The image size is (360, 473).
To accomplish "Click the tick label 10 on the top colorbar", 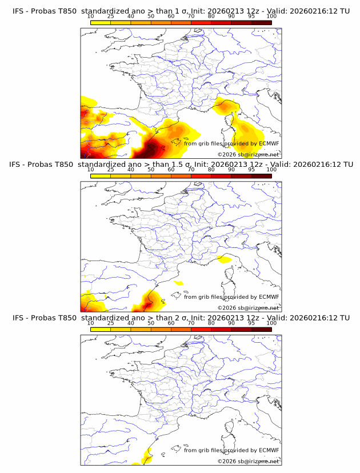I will tap(90, 17).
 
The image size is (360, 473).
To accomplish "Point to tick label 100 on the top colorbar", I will tap(271, 17).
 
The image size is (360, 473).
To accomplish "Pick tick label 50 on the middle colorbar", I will tap(151, 170).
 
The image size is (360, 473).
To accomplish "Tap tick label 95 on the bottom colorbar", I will tap(251, 323).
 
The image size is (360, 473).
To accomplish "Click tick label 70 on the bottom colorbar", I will tap(191, 323).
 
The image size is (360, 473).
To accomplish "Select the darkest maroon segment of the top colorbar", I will tap(262, 22).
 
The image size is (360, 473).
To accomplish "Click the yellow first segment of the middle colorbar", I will tap(101, 176).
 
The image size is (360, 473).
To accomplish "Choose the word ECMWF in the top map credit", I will tap(269, 144).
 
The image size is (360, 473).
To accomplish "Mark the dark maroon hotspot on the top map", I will tap(151, 150).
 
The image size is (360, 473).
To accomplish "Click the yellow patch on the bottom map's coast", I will tap(146, 456).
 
